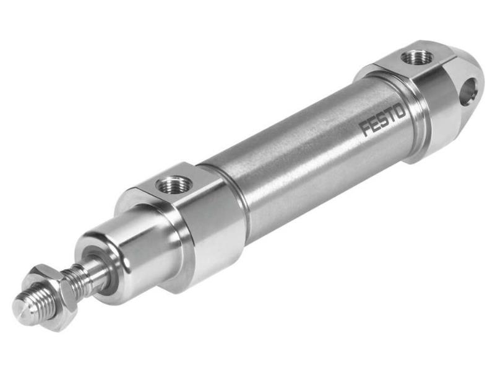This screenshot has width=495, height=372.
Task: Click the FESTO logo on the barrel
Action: pyautogui.click(x=383, y=120)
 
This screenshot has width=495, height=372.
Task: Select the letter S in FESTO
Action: pyautogui.click(x=383, y=120)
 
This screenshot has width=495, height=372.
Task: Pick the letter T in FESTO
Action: pyautogui.click(x=391, y=116)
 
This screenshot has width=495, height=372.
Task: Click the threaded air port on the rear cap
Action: pyautogui.click(x=415, y=58)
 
